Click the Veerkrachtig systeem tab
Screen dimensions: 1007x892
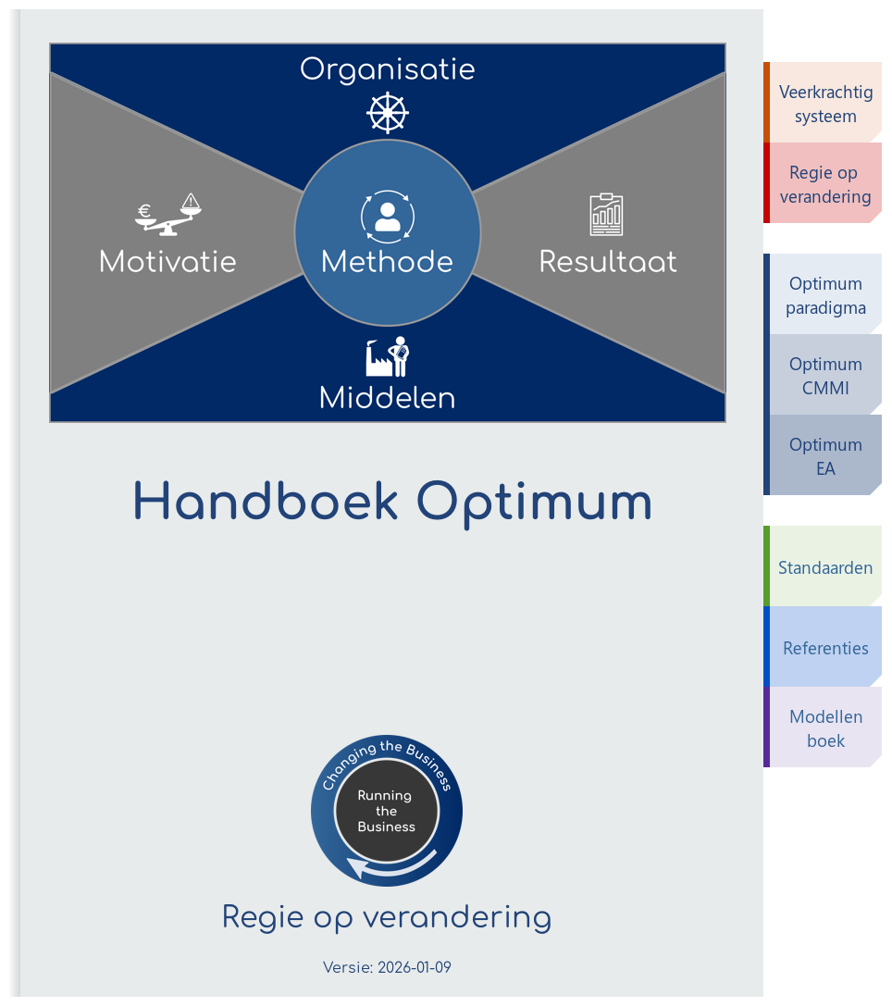824,104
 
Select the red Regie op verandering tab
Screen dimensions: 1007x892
824,184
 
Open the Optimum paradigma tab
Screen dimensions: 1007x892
824,295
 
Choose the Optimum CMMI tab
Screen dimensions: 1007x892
824,376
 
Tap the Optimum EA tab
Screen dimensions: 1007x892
824,456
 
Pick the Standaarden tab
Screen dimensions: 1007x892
824,567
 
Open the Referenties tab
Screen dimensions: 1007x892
824,648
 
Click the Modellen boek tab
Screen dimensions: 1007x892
824,728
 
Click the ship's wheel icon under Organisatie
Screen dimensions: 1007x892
387,114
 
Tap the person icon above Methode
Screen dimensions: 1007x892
387,217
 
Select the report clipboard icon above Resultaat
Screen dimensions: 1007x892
606,215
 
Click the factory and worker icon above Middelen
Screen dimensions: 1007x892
387,357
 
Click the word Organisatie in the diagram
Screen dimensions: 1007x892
387,69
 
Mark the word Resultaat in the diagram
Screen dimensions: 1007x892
608,262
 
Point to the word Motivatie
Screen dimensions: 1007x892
167,262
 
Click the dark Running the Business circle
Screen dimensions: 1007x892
386,812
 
